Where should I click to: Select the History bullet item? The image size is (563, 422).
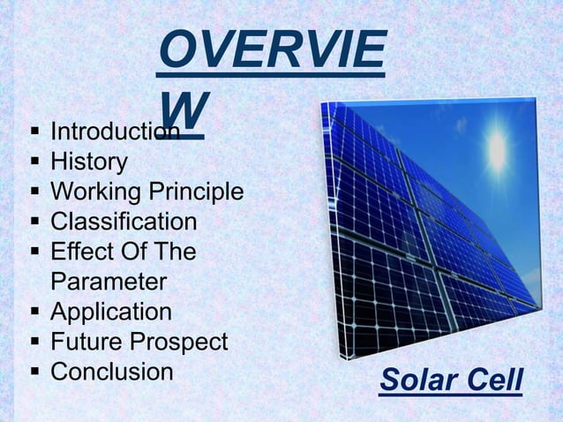tap(88, 162)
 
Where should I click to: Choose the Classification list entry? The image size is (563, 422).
tap(124, 222)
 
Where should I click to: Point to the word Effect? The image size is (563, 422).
tap(80, 252)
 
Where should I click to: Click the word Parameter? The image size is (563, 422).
tap(108, 282)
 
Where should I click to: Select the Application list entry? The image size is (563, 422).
tap(111, 312)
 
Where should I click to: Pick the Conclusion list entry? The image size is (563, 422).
tap(111, 372)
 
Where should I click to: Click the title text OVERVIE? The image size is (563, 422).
tap(271, 51)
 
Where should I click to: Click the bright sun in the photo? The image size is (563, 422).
tap(496, 152)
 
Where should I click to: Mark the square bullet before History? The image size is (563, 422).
tap(34, 163)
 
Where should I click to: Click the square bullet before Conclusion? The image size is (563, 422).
tap(34, 373)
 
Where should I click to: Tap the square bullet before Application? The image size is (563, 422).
tap(34, 313)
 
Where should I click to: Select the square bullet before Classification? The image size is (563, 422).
tap(34, 222)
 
